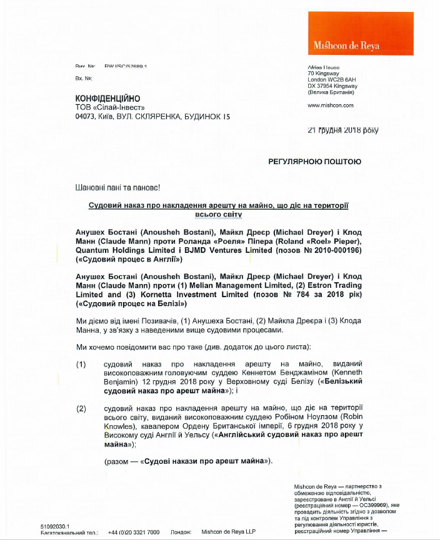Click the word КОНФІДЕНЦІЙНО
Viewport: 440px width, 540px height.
click(107, 99)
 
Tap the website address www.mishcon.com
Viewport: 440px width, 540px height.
click(331, 106)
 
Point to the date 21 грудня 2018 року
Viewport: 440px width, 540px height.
click(342, 130)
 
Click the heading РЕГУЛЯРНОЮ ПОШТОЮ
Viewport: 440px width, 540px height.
click(314, 162)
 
